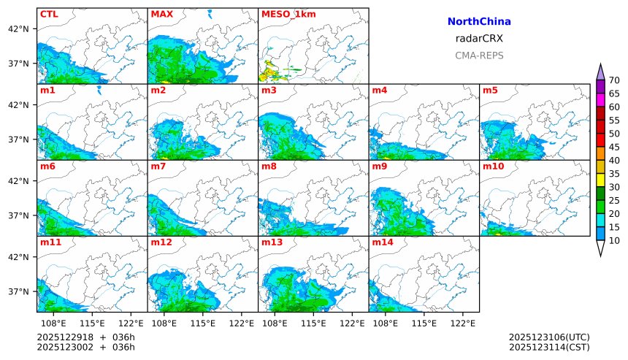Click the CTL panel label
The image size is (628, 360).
point(49,14)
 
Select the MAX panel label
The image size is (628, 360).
point(161,14)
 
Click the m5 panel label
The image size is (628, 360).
point(490,91)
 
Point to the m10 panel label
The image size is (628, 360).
point(493,166)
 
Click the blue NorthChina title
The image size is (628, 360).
point(479,22)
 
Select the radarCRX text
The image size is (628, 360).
point(479,39)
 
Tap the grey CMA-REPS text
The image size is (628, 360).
point(479,55)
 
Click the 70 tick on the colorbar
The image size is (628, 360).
point(614,80)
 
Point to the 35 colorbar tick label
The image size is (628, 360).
point(614,174)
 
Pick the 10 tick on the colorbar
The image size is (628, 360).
point(614,240)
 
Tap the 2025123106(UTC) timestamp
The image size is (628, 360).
point(549,337)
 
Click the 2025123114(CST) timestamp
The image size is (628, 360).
point(549,347)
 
